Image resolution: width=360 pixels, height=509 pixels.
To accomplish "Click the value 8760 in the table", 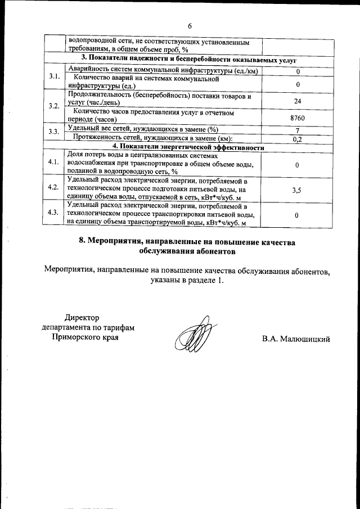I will tap(296, 119).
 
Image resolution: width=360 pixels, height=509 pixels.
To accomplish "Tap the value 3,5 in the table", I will tap(296, 190).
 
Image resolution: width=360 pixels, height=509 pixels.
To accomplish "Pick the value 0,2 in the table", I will tap(298, 139).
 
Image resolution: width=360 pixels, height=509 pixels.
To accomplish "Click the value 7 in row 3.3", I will tap(297, 130).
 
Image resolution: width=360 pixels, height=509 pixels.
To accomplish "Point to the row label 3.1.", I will tap(54, 76).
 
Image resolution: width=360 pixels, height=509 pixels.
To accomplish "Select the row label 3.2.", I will tap(54, 106).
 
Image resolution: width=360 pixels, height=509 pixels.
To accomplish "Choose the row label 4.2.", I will tap(54, 187).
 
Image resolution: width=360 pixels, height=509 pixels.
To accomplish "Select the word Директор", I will tap(81, 318).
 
